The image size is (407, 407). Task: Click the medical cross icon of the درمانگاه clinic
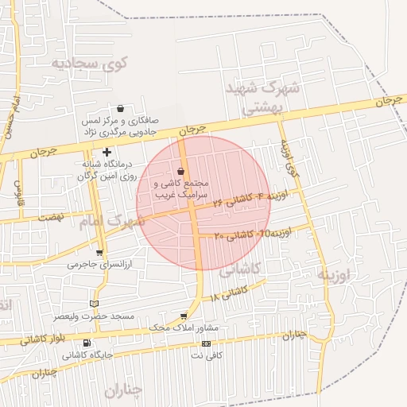point(107,151)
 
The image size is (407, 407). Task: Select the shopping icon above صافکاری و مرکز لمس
point(120,109)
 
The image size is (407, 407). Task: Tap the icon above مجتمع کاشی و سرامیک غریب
point(181,171)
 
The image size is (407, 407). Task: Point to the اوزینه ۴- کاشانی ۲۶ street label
point(250,199)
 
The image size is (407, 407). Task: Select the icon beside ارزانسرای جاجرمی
point(99,253)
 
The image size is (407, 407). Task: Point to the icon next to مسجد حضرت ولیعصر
point(95,304)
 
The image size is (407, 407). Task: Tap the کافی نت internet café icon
point(207,343)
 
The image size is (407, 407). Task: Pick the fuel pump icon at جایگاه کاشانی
point(86,344)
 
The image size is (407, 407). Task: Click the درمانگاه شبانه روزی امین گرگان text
point(107,170)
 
